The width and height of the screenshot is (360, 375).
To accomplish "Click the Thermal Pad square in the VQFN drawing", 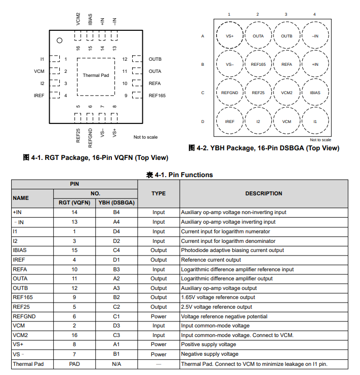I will point(96,76).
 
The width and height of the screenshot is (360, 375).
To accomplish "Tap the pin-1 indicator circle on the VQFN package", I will point(59,40).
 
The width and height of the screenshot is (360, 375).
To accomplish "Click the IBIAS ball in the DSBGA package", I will point(315,93).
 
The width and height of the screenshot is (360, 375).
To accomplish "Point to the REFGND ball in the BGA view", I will point(229,93).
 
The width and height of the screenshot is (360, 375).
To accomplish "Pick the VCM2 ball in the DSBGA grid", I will point(287,93).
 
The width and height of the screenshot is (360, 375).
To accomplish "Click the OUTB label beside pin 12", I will point(155,59).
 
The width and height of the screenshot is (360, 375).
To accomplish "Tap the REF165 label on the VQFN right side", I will point(157,95).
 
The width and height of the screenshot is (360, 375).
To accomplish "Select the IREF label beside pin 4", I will point(39,95).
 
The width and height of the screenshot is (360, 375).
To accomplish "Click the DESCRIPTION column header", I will point(263,193).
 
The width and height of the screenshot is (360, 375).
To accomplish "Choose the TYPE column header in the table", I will point(158,193).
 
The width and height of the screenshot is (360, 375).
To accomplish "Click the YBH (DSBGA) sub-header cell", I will point(116,203).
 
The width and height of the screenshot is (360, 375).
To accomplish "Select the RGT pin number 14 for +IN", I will point(74,213).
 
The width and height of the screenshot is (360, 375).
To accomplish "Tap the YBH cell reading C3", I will point(116,335).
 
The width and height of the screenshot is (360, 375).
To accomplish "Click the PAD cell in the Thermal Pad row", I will point(74,364).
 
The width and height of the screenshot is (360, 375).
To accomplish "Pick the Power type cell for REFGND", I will point(158,316).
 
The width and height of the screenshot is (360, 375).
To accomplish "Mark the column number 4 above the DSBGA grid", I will point(314,14).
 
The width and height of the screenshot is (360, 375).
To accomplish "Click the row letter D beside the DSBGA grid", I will point(203,121).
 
